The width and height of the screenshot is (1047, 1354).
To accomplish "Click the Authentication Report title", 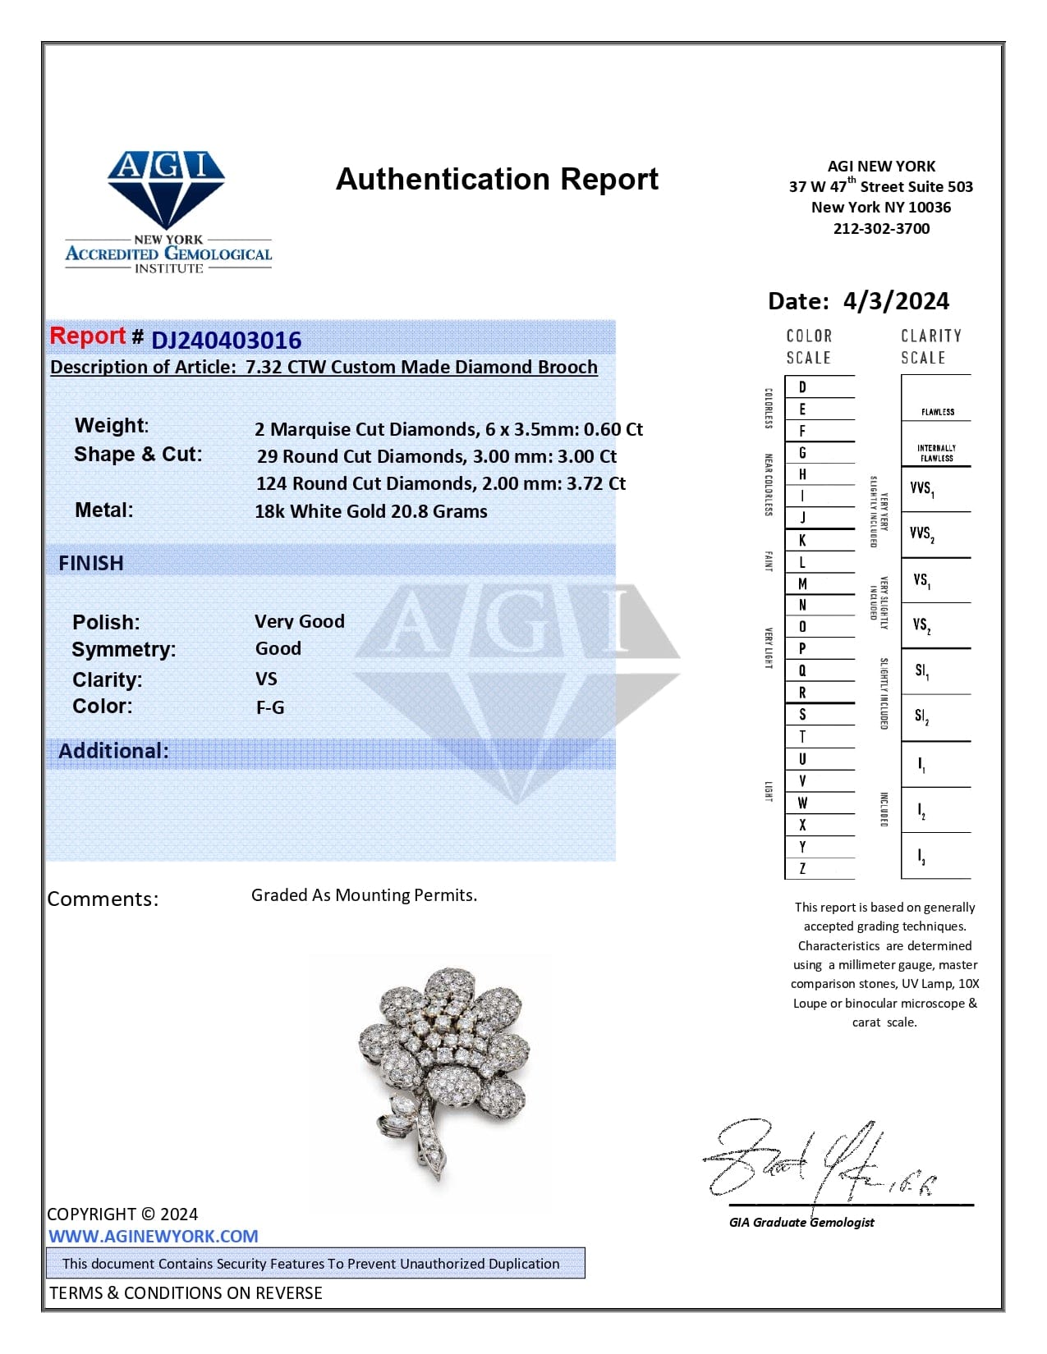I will click(497, 179).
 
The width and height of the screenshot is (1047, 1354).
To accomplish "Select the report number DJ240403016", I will click(226, 340).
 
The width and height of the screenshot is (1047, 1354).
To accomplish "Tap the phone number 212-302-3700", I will click(881, 228).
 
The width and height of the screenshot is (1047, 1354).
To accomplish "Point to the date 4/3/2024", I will click(895, 301).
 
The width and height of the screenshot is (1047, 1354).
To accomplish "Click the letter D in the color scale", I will click(802, 387).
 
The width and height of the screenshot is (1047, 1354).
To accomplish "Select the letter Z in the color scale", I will click(802, 868).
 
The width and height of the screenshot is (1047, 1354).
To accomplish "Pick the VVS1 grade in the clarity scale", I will click(922, 489).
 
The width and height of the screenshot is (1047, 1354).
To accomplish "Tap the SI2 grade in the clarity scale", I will click(922, 717).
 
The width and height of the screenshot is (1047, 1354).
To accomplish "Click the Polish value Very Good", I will click(299, 621).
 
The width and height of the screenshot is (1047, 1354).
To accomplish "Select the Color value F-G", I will click(270, 707).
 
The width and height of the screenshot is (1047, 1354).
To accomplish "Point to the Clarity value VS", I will click(266, 679).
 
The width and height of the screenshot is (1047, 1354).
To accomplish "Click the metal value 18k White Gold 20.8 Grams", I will click(370, 511).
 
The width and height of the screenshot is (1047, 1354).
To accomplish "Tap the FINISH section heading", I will click(91, 563).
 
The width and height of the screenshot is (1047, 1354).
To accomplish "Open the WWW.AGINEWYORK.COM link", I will click(153, 1236).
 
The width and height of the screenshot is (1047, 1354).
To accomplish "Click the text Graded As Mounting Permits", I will click(364, 894).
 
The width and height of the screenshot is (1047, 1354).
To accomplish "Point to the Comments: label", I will click(103, 899).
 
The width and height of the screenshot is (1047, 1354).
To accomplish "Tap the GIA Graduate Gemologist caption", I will click(801, 1222).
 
